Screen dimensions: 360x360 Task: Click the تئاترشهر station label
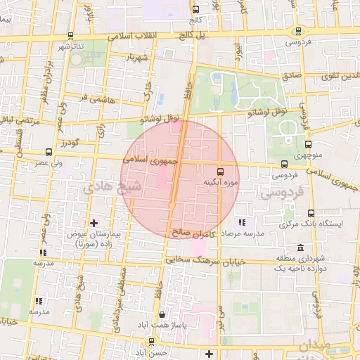(x=70, y=46)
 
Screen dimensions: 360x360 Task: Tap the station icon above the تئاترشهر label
(x=70, y=35)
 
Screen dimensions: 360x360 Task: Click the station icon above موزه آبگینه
(x=220, y=172)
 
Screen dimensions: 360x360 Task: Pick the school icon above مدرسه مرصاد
(x=242, y=222)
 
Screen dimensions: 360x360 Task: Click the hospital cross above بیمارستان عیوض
(x=94, y=223)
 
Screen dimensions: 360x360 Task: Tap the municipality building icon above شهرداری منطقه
(x=300, y=248)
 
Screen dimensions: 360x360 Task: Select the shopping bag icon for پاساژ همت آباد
(x=163, y=316)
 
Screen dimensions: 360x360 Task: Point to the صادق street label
(x=291, y=75)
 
